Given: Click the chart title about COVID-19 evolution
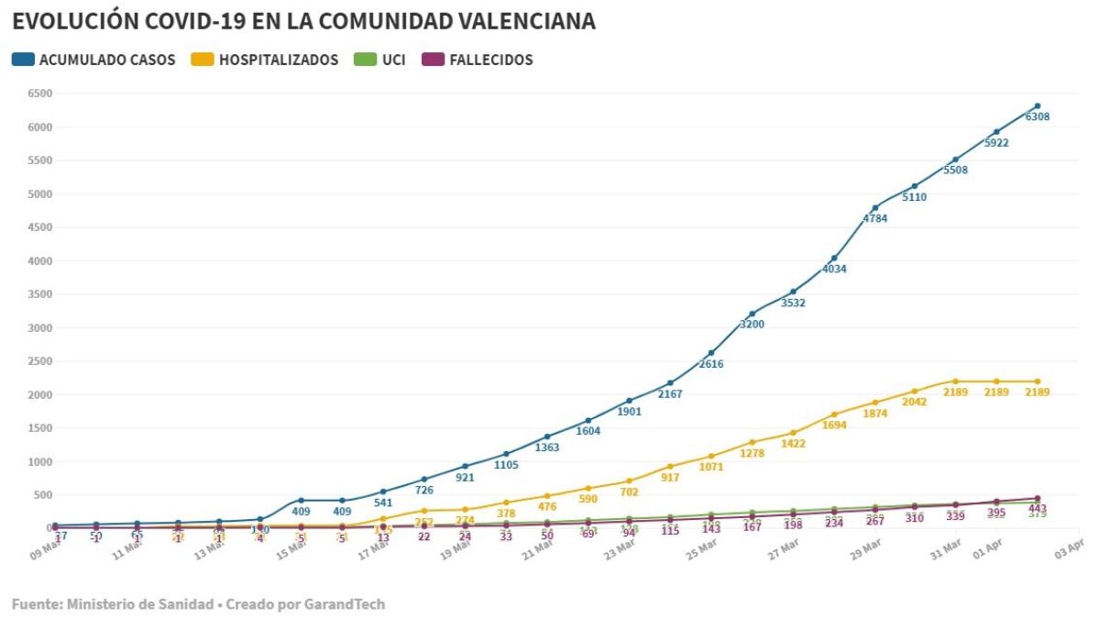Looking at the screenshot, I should [303, 21].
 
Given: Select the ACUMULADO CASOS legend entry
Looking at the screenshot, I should [93, 60].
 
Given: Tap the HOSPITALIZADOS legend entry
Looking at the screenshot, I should [265, 60].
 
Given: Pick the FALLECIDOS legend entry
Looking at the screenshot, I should [478, 60].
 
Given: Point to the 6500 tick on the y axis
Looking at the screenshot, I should [38, 94].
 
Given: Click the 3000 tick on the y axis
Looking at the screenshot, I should [38, 327].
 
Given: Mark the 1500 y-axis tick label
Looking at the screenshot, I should [38, 428].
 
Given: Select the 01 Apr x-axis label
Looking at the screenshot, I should [988, 548].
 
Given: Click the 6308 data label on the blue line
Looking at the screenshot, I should [1037, 117].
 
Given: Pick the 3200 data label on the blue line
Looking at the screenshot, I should [752, 325].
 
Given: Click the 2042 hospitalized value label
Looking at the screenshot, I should [914, 402].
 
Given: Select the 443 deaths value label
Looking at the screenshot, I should [1037, 509].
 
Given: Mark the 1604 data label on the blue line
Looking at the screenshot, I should [588, 431].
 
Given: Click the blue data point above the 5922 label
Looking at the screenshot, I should [996, 132].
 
